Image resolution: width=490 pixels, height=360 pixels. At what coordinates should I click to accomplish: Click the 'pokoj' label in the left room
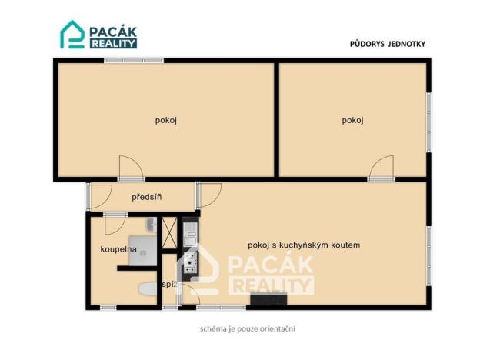[x=166, y=120]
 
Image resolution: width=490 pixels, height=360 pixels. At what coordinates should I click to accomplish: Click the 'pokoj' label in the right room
[x=353, y=120]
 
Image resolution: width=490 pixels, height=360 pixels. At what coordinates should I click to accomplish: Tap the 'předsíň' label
[x=146, y=198]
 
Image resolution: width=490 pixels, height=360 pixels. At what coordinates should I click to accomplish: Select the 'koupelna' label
[x=118, y=249]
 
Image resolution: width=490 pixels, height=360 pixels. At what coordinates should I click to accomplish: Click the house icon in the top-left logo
[x=72, y=35]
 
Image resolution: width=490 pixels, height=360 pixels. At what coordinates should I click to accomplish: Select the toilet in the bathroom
[x=147, y=290]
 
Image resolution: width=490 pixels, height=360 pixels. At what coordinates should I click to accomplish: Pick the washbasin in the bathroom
[x=152, y=225]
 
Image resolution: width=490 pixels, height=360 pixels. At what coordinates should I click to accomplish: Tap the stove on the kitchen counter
[x=189, y=263]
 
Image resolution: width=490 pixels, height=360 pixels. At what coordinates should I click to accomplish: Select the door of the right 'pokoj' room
[x=381, y=168]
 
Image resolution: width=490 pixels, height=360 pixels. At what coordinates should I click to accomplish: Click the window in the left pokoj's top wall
[x=134, y=60]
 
